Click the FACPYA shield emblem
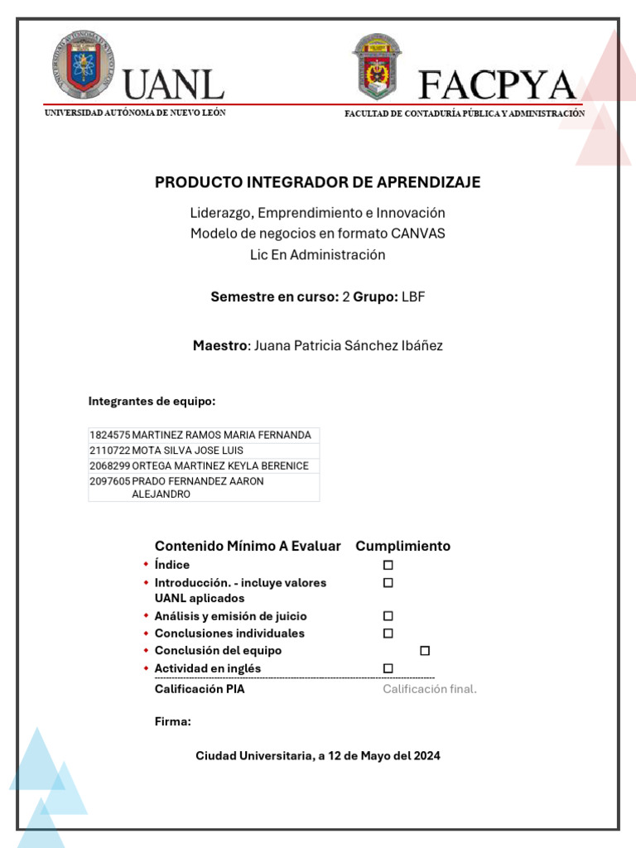(377, 66)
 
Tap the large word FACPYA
(497, 85)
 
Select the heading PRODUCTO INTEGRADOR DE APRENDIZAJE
(317, 182)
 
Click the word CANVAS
(417, 234)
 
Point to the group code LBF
(413, 296)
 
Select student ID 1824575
(109, 435)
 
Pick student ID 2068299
(109, 465)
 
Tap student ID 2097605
(109, 481)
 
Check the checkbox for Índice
(388, 565)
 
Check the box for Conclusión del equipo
(425, 651)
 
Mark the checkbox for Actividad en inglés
(388, 668)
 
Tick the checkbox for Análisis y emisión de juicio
(388, 616)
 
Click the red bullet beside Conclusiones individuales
(145, 634)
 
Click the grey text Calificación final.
(429, 689)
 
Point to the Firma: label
(172, 722)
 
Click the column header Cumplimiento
(402, 546)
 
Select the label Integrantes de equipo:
(152, 402)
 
